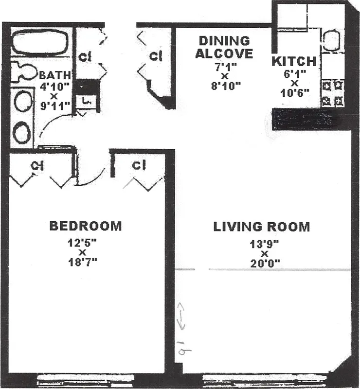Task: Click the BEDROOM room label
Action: [85, 226]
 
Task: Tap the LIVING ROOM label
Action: [262, 227]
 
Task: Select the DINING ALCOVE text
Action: [224, 47]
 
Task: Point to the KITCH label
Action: [294, 62]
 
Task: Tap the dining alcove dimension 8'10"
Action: [224, 87]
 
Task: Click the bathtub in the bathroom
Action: [39, 42]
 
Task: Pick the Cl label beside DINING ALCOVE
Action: [156, 56]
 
